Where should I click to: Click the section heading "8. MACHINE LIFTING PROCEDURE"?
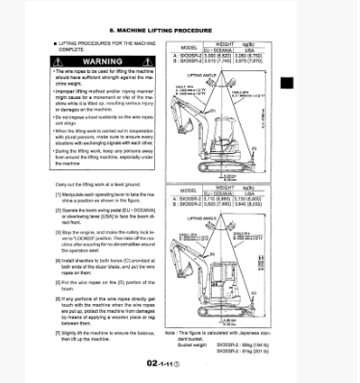click(x=180, y=31)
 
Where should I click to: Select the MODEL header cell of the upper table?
click(x=189, y=45)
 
